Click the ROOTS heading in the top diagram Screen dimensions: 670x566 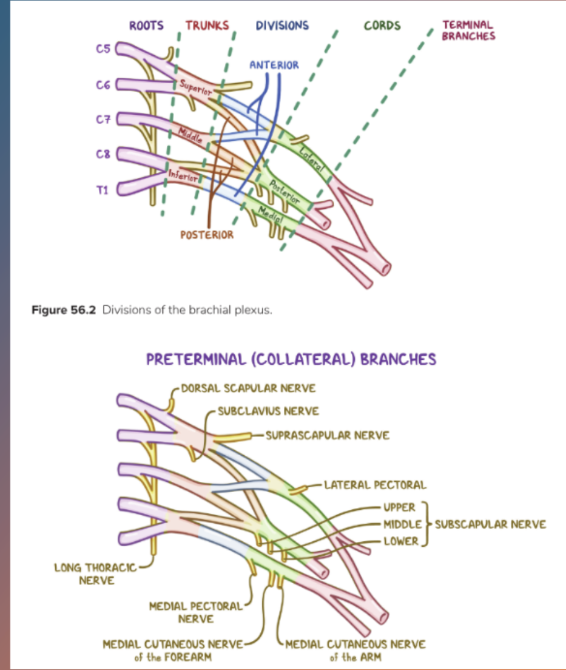[x=146, y=25]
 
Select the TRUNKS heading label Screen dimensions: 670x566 [x=207, y=25]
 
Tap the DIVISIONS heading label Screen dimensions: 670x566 [x=282, y=25]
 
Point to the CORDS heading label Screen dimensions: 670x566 [x=382, y=25]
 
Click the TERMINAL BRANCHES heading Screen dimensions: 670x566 [x=468, y=30]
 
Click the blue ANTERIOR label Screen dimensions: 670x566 [x=274, y=64]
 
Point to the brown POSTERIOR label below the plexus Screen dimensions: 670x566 [x=207, y=235]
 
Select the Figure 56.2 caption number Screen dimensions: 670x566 [x=64, y=311]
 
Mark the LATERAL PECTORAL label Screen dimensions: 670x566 [x=376, y=485]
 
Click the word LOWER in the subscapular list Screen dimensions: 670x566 [x=401, y=541]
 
